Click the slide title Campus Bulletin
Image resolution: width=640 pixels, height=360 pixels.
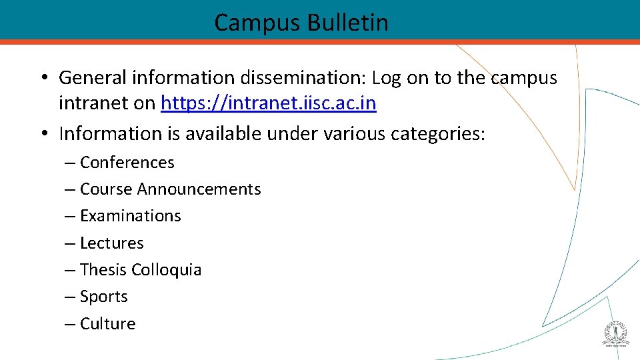[x=301, y=23]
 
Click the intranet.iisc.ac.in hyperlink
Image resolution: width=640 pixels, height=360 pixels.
[x=269, y=104]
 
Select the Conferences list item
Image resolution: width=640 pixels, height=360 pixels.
[x=127, y=163]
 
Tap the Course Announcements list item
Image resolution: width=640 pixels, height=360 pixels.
[x=170, y=189]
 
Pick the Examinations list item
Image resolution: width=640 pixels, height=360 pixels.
[x=130, y=216]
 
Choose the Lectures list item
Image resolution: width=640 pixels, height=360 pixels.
[x=111, y=243]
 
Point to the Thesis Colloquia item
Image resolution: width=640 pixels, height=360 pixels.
[x=140, y=270]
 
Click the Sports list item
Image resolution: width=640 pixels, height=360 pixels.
[x=103, y=297]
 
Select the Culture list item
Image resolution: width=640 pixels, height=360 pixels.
[x=107, y=324]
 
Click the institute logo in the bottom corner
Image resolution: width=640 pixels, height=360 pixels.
[x=615, y=333]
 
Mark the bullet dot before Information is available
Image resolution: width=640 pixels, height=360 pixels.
[x=42, y=134]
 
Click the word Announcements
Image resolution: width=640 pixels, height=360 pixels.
[x=199, y=189]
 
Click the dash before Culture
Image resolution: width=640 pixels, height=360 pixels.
[x=69, y=324]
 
